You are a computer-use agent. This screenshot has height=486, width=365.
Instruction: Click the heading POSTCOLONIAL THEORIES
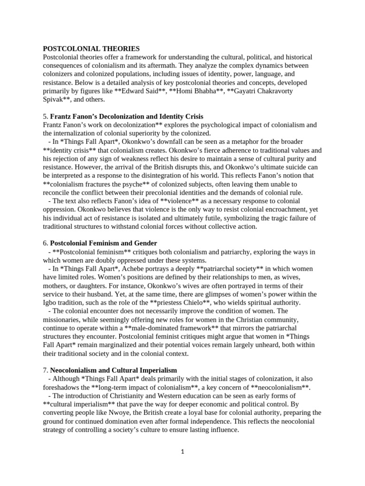point(91,48)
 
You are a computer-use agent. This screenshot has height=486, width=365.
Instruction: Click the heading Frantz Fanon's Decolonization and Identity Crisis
point(126,116)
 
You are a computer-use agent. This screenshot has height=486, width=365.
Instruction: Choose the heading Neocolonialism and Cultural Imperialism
point(114,370)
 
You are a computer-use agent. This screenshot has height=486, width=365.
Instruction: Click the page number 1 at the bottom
point(182,452)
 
